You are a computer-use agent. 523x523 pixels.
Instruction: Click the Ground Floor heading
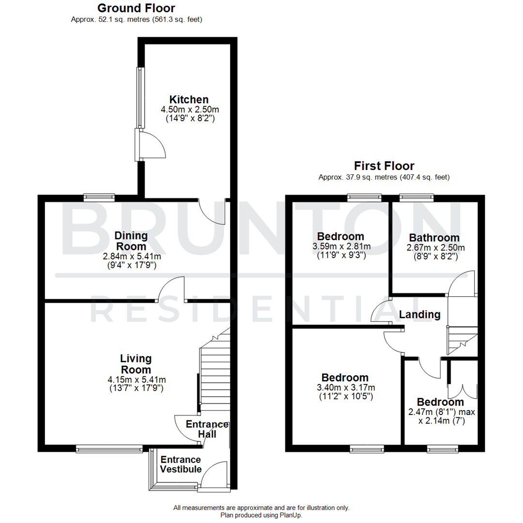pyautogui.click(x=136, y=8)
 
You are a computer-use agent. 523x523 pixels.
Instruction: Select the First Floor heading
pyautogui.click(x=384, y=166)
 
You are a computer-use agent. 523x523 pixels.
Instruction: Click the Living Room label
pyautogui.click(x=136, y=364)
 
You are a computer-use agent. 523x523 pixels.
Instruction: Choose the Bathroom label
pyautogui.click(x=434, y=238)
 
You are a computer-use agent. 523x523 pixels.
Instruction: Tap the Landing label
pyautogui.click(x=419, y=315)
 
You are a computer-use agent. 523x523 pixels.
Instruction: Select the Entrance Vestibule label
pyautogui.click(x=181, y=464)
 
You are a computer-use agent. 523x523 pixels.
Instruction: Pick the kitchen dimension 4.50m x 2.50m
pyautogui.click(x=189, y=109)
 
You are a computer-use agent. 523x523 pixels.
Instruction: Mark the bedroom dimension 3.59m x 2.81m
pyautogui.click(x=340, y=246)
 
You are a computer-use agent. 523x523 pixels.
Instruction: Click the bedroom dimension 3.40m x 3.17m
pyautogui.click(x=345, y=387)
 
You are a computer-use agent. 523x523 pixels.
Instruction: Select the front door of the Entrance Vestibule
pyautogui.click(x=214, y=477)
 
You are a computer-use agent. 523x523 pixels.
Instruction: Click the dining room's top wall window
pyautogui.click(x=99, y=197)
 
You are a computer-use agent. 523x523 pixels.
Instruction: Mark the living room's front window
pyautogui.click(x=109, y=449)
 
